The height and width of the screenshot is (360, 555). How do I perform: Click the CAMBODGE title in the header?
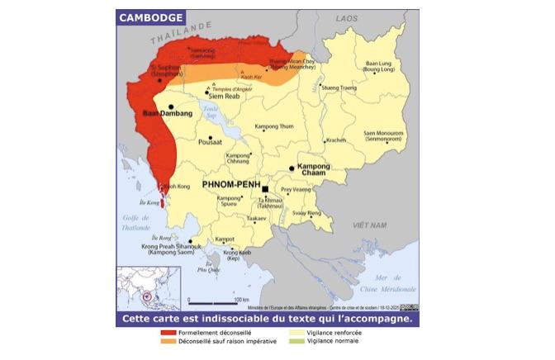[x=150, y=17]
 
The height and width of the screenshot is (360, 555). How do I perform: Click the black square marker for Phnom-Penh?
[x=265, y=189]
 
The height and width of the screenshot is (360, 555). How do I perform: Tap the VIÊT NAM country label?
[x=369, y=225]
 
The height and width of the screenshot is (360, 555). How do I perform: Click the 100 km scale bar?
[x=218, y=300]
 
